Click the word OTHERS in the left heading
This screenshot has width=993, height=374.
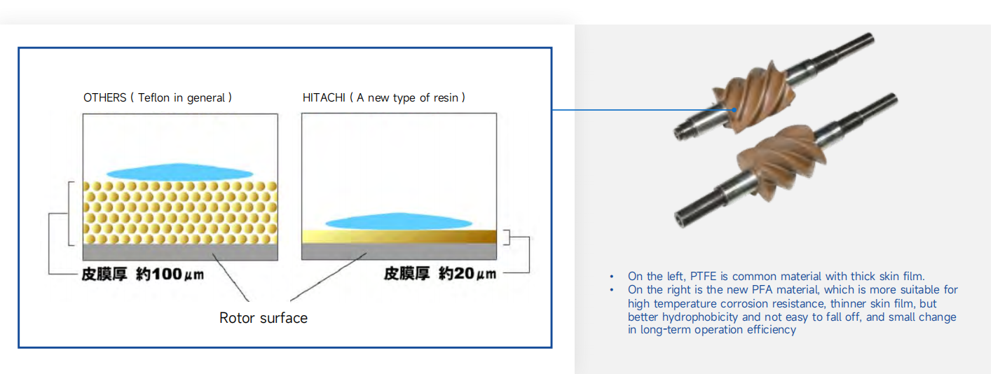[105, 97]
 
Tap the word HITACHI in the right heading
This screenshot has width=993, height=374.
[324, 97]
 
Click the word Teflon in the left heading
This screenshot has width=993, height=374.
[153, 97]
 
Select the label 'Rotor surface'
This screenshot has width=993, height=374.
[263, 318]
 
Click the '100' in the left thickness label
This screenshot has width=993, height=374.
[166, 274]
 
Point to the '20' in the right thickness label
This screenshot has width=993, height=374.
[464, 273]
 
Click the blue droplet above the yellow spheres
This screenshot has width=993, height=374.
[179, 172]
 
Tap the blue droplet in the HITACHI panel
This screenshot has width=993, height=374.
[399, 221]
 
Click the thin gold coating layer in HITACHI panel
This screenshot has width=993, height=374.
[399, 236]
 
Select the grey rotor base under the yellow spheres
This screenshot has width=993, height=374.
[180, 251]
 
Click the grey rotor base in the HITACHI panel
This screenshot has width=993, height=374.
[399, 251]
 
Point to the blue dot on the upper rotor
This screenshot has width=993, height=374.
[734, 109]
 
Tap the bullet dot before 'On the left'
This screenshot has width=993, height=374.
[612, 277]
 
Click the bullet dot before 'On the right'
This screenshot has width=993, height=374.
[612, 290]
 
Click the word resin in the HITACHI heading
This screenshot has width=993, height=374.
[446, 97]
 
